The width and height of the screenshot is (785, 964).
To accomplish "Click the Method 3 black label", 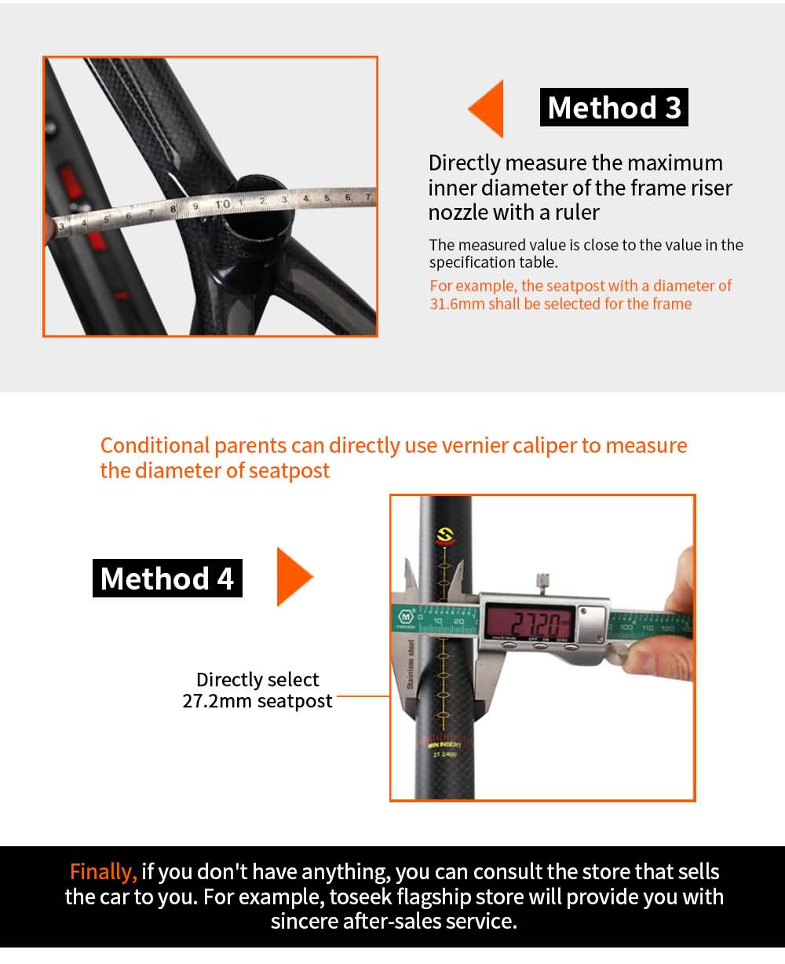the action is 614,108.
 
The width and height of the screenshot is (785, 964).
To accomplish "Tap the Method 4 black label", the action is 167,578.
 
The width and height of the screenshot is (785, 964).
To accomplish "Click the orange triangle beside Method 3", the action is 486,108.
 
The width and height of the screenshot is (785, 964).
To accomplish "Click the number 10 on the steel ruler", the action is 223,205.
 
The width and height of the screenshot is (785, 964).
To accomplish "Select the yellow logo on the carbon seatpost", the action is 445,536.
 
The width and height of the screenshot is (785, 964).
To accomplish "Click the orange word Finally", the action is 103,871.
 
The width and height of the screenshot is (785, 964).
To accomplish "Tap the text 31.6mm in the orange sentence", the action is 457,304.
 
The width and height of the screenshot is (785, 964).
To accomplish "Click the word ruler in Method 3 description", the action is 577,212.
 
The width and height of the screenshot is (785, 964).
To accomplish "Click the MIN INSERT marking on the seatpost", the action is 445,744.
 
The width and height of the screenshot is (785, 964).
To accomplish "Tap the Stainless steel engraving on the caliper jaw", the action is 411,664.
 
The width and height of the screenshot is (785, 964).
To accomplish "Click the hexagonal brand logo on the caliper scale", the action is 406,616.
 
